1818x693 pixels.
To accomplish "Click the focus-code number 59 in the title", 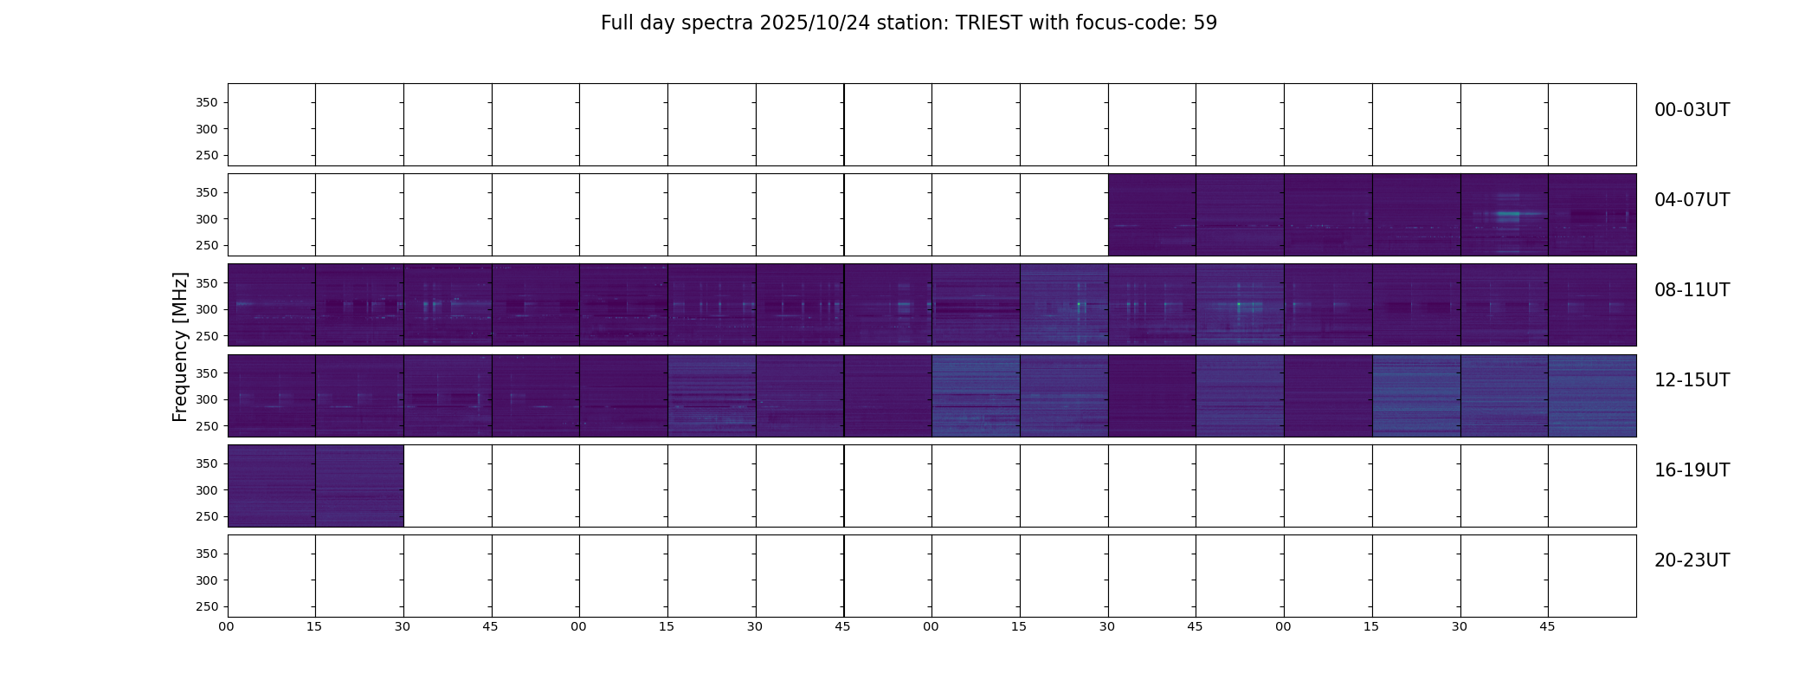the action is pos(1205,23).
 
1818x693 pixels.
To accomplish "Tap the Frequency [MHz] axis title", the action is pos(180,346).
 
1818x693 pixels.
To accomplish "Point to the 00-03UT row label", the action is pos(1692,110).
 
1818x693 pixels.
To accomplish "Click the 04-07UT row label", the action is pos(1692,200).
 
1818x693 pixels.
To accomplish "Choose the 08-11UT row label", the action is pos(1692,290).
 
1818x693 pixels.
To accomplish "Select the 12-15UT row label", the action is pos(1692,380).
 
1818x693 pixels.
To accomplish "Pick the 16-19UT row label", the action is pos(1692,470).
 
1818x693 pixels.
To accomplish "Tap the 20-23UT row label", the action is pos(1692,560).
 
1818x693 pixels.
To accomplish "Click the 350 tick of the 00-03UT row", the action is pos(206,103).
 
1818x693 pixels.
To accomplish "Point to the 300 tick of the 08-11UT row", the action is pos(206,309).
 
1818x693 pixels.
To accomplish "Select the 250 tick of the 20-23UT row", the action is pos(206,606).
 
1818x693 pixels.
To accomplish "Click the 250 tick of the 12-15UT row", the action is pos(206,426).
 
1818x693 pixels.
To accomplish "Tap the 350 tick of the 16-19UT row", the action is pos(206,463).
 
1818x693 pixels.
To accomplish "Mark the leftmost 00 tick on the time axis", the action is pos(226,627).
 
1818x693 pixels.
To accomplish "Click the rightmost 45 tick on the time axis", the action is pos(1547,627).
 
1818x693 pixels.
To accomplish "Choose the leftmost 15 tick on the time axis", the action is pos(314,627).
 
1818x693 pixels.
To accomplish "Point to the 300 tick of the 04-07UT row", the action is pos(206,219).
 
